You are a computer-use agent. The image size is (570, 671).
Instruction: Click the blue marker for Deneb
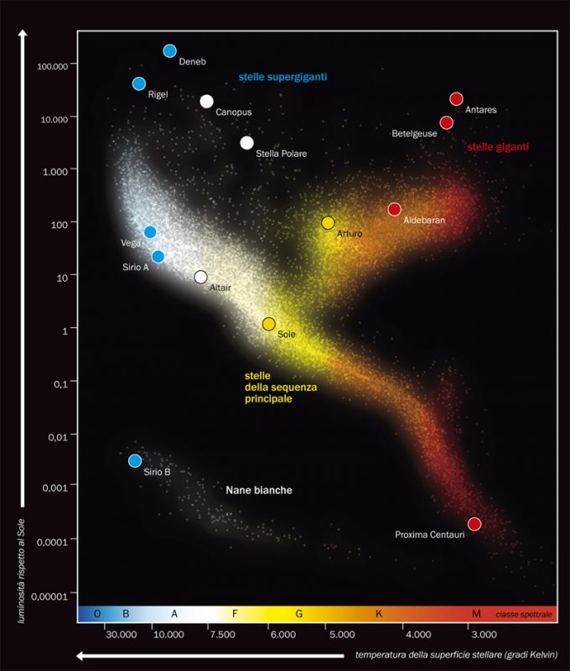coord(170,51)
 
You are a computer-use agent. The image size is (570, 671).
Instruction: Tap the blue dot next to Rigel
coord(139,84)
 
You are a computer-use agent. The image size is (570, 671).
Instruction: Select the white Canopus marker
coord(207,101)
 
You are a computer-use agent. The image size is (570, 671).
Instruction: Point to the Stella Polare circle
coord(246,143)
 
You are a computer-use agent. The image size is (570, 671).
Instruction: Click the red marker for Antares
coord(456,99)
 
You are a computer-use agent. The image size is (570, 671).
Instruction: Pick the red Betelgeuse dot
coord(447,122)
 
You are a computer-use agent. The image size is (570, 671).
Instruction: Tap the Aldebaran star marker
coord(395,209)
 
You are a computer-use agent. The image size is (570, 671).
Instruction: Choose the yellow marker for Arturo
coord(328,223)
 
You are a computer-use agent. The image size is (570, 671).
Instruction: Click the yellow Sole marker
coord(269,324)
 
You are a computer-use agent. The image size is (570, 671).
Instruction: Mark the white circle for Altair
coord(200,277)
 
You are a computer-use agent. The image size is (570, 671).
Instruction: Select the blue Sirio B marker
coord(135,460)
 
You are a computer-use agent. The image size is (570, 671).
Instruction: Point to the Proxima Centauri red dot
coord(474,524)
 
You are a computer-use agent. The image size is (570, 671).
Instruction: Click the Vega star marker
coord(150,232)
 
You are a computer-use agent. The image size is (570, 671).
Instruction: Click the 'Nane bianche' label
coord(258,490)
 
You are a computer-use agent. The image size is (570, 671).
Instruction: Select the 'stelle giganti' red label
coord(498,147)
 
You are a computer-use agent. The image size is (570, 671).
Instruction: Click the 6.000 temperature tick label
coord(282,635)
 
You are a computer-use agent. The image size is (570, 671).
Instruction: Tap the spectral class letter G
coord(298,614)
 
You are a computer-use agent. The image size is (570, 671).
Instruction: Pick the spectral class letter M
coord(476,614)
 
